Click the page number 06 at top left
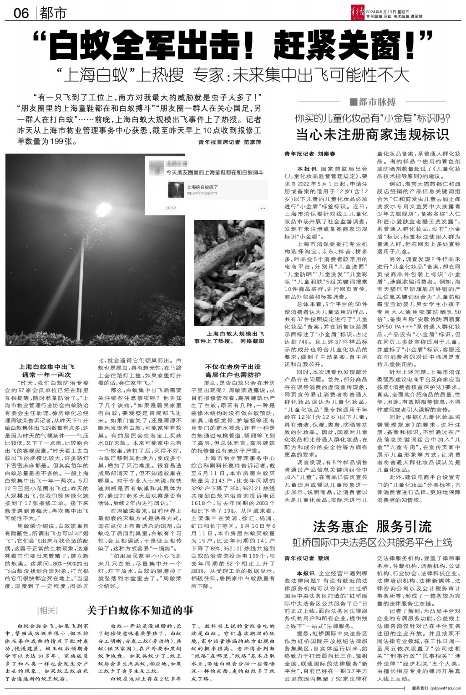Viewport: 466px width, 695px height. [21, 13]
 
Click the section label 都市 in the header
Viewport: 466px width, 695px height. [53, 13]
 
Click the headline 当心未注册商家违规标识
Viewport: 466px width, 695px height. [373, 134]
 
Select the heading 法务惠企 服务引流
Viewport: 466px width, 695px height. [372, 527]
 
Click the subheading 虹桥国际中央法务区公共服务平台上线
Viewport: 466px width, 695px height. [372, 542]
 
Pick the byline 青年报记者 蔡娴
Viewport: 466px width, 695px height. [306, 558]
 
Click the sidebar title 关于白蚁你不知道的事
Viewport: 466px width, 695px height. [140, 610]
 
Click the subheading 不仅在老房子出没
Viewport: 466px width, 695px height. [233, 366]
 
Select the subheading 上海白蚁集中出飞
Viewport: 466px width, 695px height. [47, 366]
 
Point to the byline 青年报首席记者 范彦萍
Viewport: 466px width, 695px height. [230, 142]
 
